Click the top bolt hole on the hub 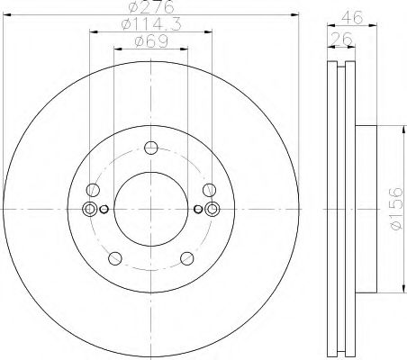[150, 149]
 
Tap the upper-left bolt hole [92, 190]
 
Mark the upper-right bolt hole [208, 190]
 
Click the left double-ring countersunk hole [88, 209]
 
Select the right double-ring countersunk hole [212, 209]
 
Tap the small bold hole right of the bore [197, 210]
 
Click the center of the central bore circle [150, 209]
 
